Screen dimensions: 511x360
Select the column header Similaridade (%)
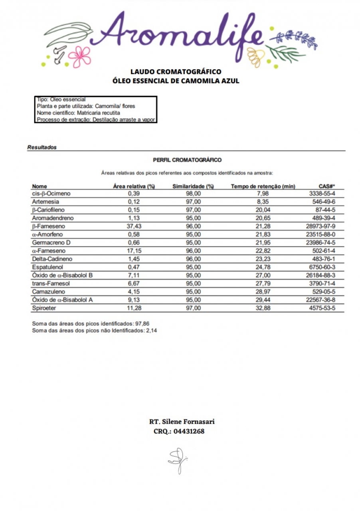pyautogui.click(x=193, y=186)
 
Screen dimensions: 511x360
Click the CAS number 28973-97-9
pyautogui.click(x=322, y=226)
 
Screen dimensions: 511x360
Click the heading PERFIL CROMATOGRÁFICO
pyautogui.click(x=187, y=160)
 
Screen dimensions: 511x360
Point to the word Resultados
pyautogui.click(x=42, y=147)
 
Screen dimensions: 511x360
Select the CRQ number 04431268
pyautogui.click(x=189, y=432)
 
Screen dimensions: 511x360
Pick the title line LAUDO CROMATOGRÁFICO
pyautogui.click(x=176, y=72)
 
